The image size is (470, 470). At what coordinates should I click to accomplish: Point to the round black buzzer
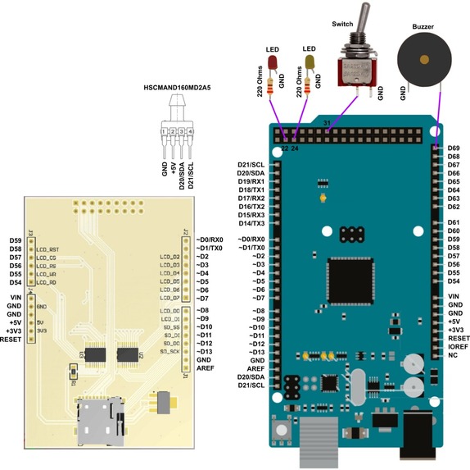423,60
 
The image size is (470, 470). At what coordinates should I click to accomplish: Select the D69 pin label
454,148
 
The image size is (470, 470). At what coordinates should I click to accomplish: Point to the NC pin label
453,356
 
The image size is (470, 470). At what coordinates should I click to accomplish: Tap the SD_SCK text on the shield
169,352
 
